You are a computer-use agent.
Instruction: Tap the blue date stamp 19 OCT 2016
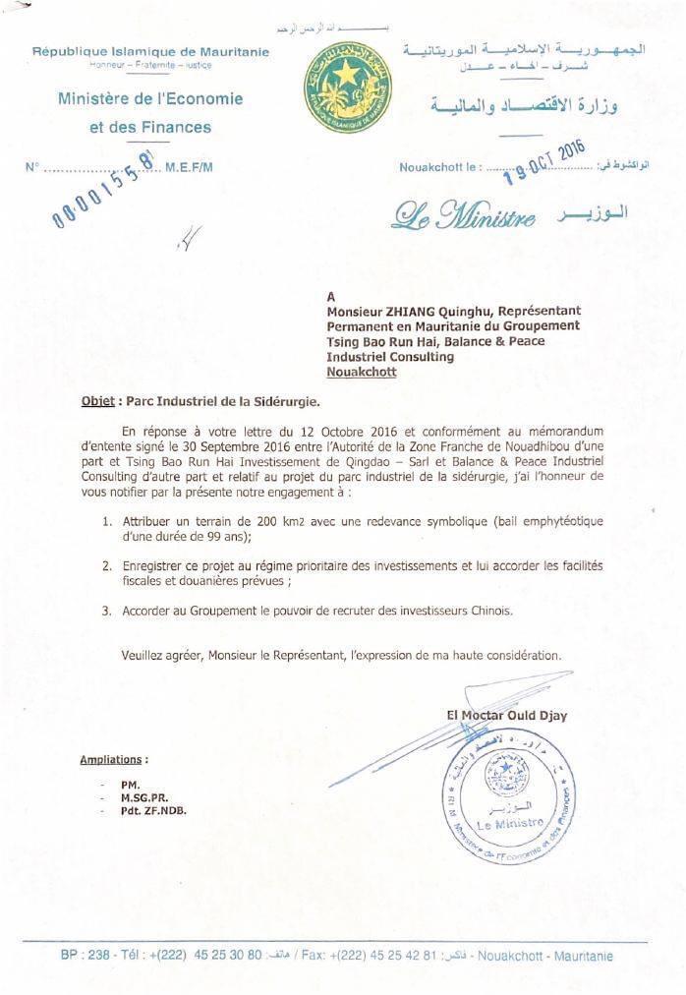(x=543, y=161)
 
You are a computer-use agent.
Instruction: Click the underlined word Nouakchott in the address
(x=362, y=373)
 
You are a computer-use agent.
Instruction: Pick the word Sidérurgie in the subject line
(x=280, y=401)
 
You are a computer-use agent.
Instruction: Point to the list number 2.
(x=105, y=565)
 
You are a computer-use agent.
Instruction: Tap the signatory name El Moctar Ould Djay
(x=506, y=716)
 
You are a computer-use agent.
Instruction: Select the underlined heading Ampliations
(x=113, y=759)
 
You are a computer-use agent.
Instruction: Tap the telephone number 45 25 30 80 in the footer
(x=228, y=955)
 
